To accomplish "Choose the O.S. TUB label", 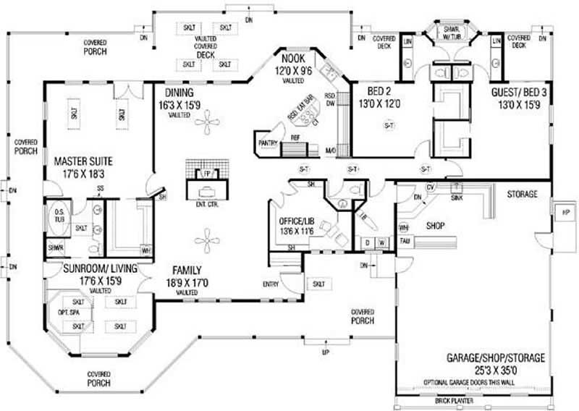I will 59,214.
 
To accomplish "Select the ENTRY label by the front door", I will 271,284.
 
